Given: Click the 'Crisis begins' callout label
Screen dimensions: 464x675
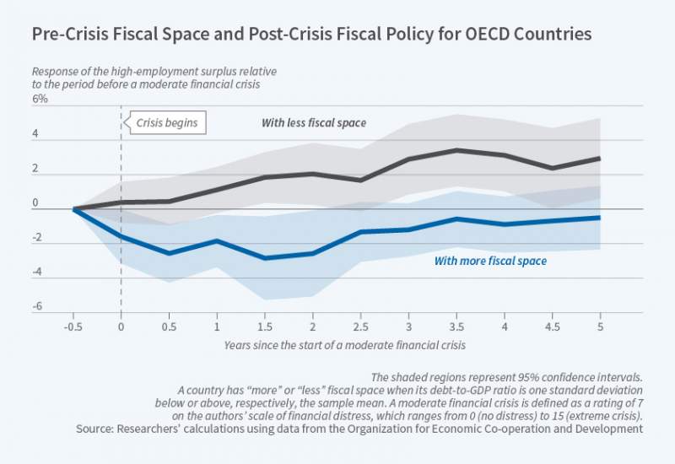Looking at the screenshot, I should (x=168, y=123).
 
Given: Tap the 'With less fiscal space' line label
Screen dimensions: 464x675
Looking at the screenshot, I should (x=314, y=123).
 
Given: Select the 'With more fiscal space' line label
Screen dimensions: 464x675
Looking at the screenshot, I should (x=490, y=262).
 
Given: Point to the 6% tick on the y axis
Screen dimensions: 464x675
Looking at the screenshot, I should (x=40, y=99).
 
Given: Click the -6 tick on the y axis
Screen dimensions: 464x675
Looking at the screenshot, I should (x=36, y=309).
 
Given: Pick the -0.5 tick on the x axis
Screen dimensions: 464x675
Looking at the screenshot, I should (x=74, y=326).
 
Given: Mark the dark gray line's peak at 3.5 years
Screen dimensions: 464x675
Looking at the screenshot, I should (x=456, y=150).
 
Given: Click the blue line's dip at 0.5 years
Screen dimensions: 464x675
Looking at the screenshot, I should (x=170, y=253).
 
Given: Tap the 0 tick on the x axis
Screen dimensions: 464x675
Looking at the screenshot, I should (x=121, y=326).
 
